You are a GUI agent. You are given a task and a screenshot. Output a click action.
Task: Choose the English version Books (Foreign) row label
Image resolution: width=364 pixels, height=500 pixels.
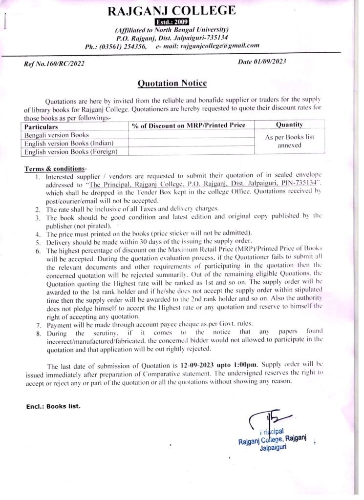(x=69, y=151)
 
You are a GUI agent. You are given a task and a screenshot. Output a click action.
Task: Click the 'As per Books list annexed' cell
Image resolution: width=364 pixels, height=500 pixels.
(x=289, y=141)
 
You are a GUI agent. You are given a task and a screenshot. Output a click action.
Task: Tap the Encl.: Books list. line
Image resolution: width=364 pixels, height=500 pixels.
(x=53, y=406)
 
